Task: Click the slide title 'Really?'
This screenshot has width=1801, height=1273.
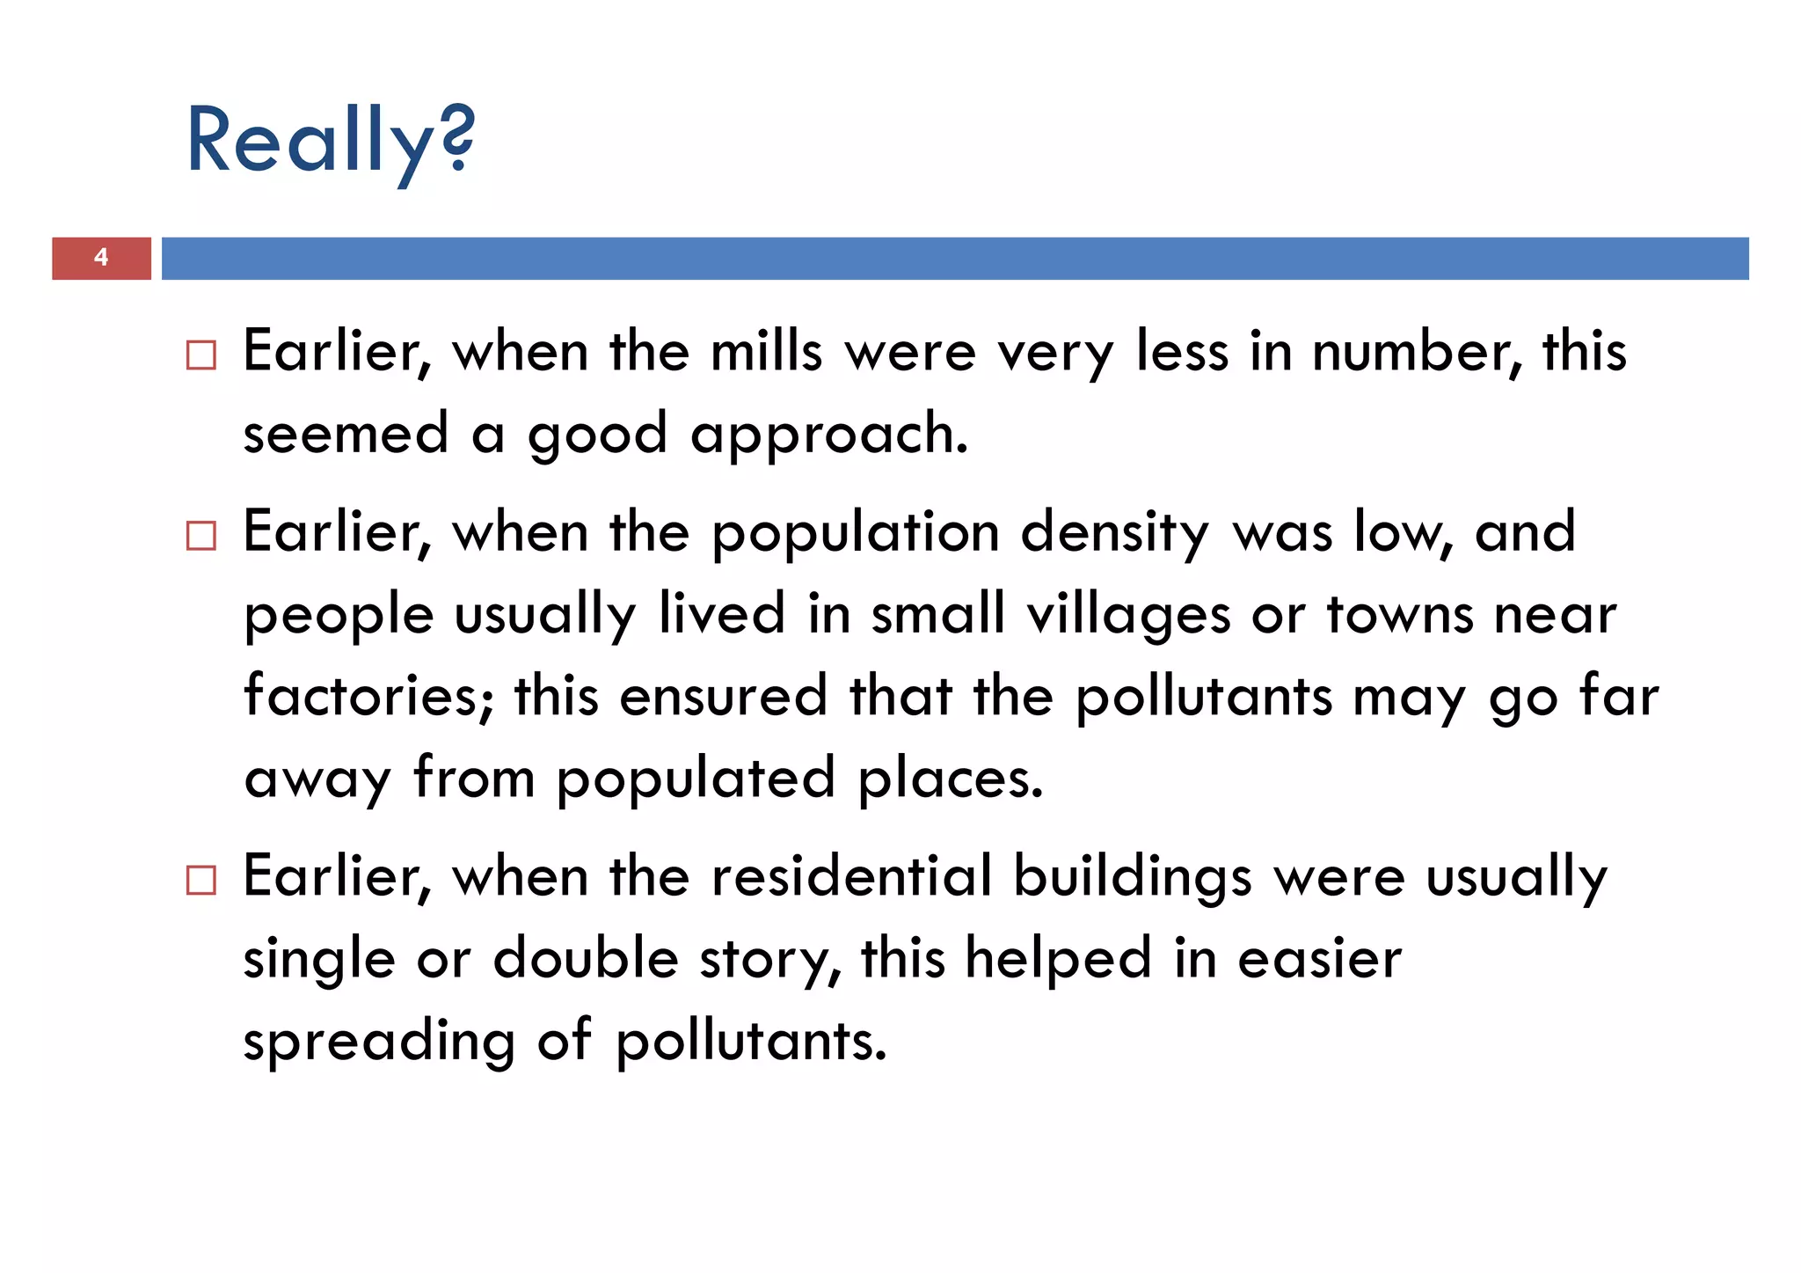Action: (x=330, y=141)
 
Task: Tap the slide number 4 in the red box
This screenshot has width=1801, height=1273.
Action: (x=101, y=258)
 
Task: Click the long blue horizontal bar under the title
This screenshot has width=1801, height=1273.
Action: (x=954, y=258)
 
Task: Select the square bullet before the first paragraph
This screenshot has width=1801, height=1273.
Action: (x=201, y=355)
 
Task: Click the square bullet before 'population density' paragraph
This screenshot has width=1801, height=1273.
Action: (x=201, y=536)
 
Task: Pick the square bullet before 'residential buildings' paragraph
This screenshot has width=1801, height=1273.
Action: (x=201, y=880)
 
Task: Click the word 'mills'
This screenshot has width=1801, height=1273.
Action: (x=766, y=351)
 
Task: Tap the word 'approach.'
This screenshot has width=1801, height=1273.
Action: (x=829, y=435)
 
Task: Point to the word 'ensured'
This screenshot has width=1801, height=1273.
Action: (x=723, y=695)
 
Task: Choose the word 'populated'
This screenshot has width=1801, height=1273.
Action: (x=695, y=779)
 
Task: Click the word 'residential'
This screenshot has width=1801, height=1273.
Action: (x=851, y=876)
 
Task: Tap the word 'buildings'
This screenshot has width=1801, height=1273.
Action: (x=1132, y=876)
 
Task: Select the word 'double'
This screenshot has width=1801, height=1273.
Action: (x=586, y=958)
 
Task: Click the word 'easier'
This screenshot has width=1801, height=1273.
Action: (x=1319, y=958)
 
